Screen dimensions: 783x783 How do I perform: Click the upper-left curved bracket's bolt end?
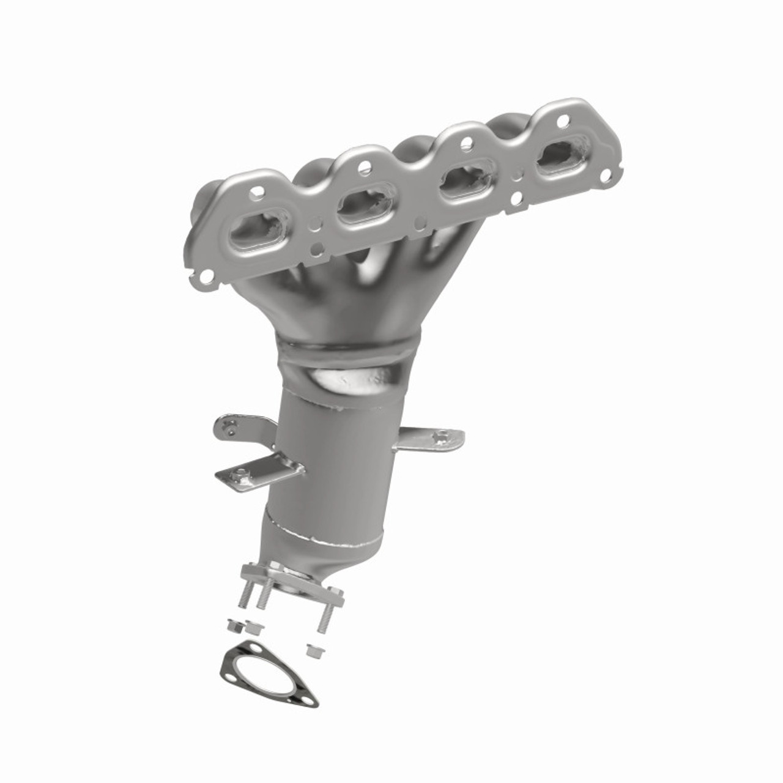tap(228, 425)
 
